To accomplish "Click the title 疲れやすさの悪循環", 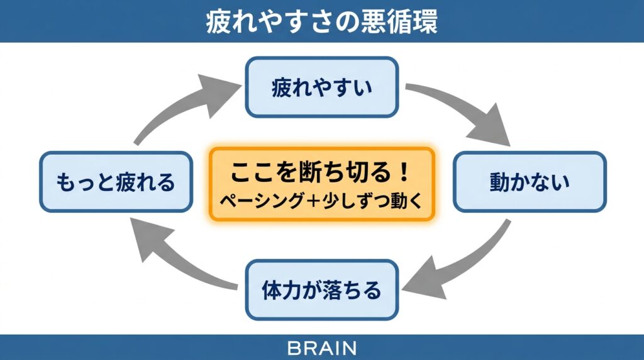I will tap(321, 21).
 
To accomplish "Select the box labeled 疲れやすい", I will tap(321, 87).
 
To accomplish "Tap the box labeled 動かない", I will tap(530, 182).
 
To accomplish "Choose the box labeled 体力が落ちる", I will tap(321, 290).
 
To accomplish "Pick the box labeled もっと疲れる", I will tap(115, 182).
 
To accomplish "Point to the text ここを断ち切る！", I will tap(321, 171).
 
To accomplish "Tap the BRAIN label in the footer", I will tap(321, 347).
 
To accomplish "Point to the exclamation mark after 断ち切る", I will tap(404, 171).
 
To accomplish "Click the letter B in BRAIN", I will tap(292, 347).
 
